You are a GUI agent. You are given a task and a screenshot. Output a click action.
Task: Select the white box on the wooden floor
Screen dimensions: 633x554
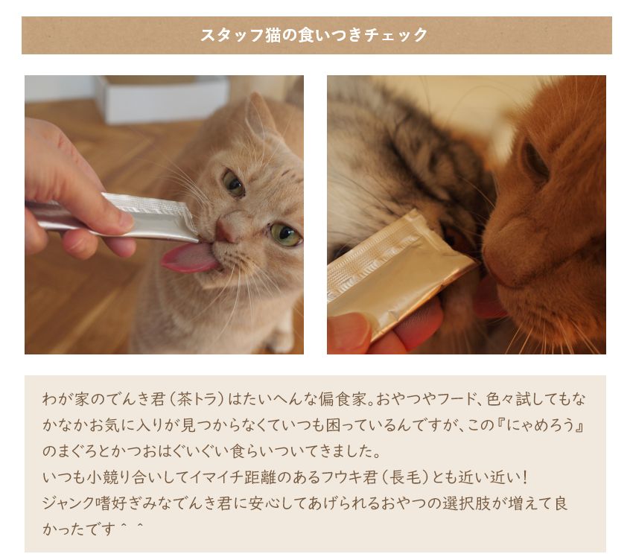click(162, 98)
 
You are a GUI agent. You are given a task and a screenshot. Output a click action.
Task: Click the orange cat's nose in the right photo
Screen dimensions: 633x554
click(503, 258)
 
